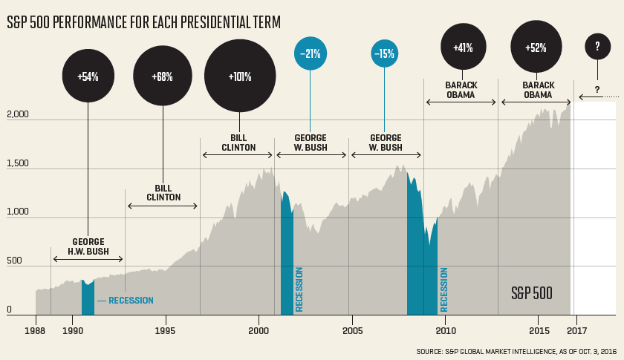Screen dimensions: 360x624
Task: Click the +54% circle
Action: pyautogui.click(x=88, y=76)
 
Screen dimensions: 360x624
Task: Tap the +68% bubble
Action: pyautogui.click(x=162, y=76)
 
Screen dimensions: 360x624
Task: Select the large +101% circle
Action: pyautogui.click(x=240, y=76)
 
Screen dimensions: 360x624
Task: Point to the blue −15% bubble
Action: pyautogui.click(x=384, y=53)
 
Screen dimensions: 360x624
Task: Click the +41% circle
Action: pyautogui.click(x=463, y=48)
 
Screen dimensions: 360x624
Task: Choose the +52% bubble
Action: pyautogui.click(x=536, y=48)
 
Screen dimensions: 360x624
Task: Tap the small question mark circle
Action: pyautogui.click(x=597, y=48)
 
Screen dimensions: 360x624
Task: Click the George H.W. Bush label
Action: pyautogui.click(x=88, y=246)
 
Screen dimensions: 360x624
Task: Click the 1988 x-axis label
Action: pyautogui.click(x=36, y=330)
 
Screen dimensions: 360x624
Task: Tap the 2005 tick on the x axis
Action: pyautogui.click(x=351, y=330)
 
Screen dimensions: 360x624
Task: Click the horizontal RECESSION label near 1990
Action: pyautogui.click(x=131, y=301)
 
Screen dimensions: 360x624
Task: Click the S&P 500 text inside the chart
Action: pyautogui.click(x=531, y=292)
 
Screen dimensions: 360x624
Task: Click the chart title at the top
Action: pyautogui.click(x=143, y=23)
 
